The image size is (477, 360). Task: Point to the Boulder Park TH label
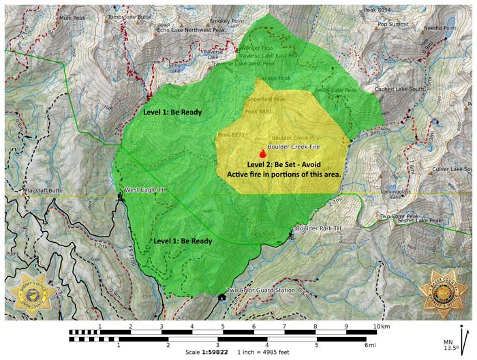point(318,228)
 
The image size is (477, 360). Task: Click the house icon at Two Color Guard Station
point(221,297)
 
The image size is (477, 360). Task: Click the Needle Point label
point(440,28)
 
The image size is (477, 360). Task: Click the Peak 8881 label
point(258,111)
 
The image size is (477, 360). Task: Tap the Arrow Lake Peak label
point(336,90)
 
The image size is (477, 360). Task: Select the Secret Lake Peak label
point(420,221)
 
